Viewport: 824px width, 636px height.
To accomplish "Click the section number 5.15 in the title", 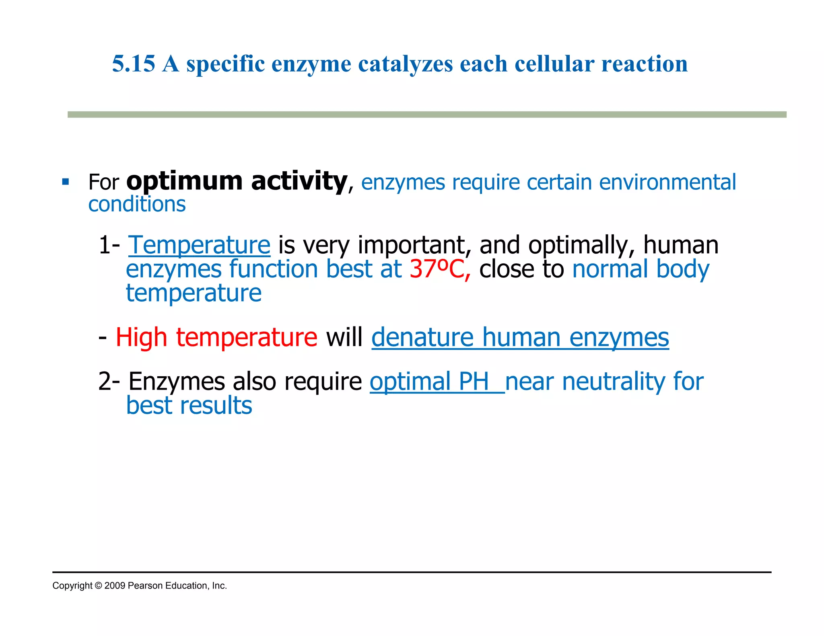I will pos(134,64).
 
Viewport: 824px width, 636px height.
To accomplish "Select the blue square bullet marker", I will pos(66,182).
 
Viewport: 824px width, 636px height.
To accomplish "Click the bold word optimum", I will pos(184,182).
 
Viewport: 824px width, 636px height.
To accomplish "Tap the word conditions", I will pos(137,204).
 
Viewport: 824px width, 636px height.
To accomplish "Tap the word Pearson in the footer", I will pos(145,586).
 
